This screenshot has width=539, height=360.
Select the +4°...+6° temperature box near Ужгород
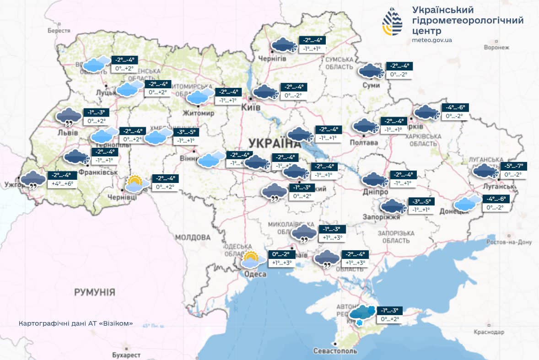[62, 184]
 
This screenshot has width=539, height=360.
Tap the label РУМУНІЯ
[94, 292]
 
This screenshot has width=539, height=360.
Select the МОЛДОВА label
[193, 237]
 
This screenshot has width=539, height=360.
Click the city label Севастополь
[335, 351]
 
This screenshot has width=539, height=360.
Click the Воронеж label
[496, 47]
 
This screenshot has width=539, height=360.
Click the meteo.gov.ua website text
[432, 40]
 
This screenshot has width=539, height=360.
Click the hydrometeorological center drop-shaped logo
[393, 21]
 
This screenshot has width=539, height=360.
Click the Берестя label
[59, 31]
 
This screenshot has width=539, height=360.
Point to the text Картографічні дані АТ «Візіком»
[76, 323]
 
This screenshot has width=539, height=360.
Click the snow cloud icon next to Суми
[371, 71]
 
